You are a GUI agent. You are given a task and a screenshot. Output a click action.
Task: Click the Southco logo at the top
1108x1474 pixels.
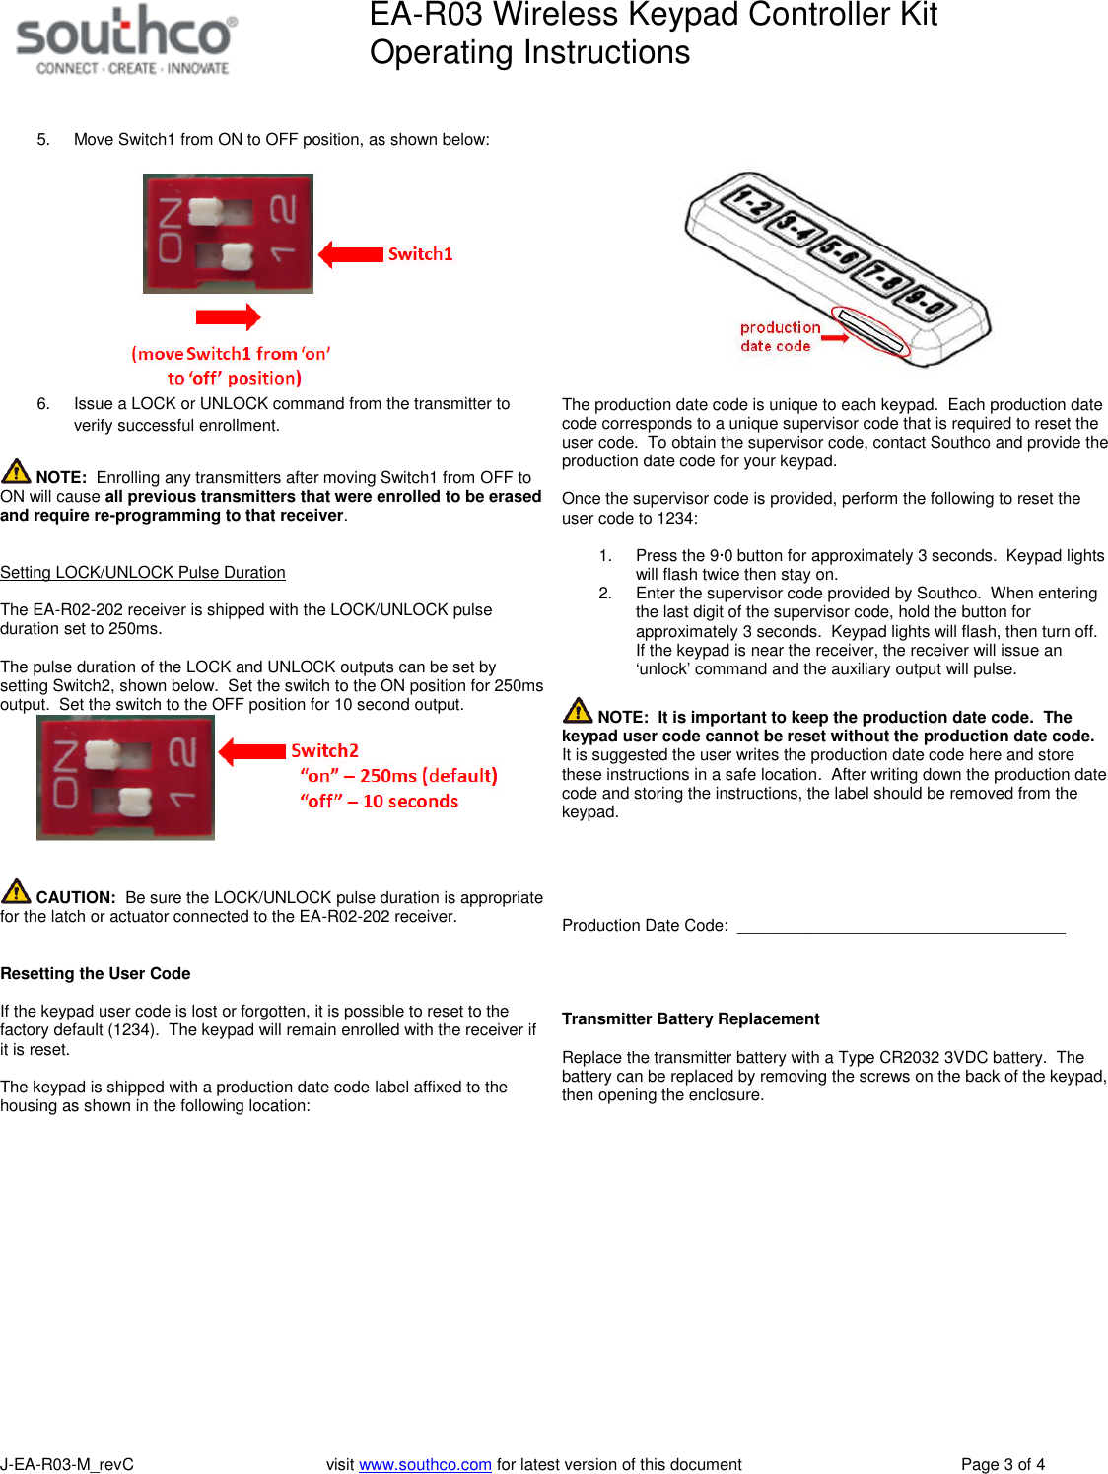tap(126, 39)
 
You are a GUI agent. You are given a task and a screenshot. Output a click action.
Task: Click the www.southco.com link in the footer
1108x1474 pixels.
tap(425, 1464)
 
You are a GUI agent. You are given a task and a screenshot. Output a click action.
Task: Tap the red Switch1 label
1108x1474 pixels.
tap(420, 254)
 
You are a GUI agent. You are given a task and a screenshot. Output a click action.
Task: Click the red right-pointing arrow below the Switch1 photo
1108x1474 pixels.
tap(228, 316)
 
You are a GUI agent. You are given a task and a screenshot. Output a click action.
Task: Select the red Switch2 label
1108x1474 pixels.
tap(324, 750)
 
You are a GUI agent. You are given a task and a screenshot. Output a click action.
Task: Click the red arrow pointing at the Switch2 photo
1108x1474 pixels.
tap(252, 751)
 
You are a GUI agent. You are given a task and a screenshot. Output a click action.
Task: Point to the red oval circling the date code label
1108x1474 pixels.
tap(868, 329)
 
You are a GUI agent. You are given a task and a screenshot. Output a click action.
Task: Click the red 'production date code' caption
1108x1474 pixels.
tap(779, 336)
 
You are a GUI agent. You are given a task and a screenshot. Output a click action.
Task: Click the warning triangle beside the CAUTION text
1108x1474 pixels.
tap(16, 891)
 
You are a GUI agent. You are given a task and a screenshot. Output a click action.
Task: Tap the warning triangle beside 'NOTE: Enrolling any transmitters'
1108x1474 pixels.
tap(16, 471)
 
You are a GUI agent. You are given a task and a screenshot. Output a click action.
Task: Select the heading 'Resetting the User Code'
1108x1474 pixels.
tap(96, 973)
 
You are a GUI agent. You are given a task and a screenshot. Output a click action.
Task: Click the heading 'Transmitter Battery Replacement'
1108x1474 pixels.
tap(690, 1018)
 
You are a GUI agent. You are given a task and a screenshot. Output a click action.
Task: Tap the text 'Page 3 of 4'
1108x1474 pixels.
tap(1003, 1464)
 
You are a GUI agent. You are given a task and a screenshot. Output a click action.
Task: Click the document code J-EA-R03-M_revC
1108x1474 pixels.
tap(67, 1464)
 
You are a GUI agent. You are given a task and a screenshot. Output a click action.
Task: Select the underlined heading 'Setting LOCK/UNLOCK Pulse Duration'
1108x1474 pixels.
tap(143, 572)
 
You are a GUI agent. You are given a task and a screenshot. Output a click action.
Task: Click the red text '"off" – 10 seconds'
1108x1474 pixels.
tap(380, 802)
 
